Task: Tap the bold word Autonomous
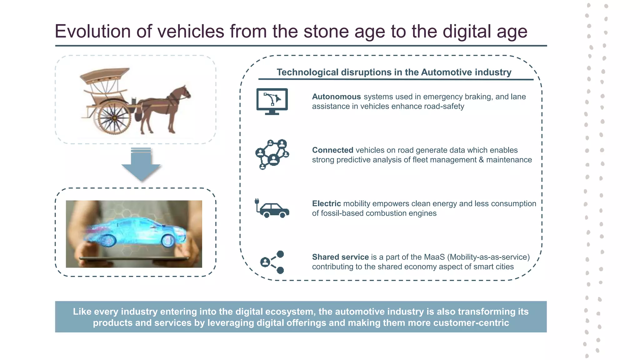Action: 336,97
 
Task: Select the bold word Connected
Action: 332,150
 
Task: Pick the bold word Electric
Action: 326,204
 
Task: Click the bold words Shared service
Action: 340,257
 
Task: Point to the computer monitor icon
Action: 272,101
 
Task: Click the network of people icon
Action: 272,154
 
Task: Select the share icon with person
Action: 272,262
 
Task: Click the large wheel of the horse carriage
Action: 114,118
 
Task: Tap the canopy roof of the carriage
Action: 105,75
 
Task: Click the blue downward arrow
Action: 141,165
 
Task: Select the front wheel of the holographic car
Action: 168,240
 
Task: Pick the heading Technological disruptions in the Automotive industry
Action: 394,72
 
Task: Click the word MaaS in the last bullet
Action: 434,257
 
